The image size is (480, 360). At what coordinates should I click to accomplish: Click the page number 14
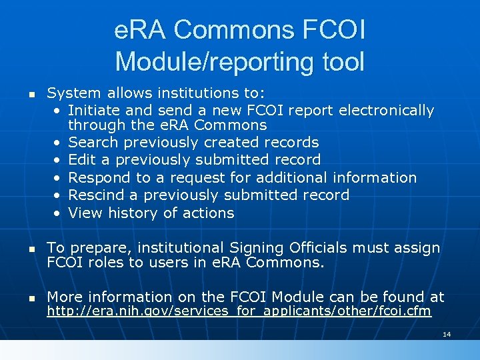click(447, 333)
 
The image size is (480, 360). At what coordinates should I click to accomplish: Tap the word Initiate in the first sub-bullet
click(93, 110)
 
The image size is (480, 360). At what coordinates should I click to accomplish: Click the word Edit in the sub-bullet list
click(82, 160)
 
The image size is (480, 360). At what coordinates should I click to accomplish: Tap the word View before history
click(85, 213)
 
